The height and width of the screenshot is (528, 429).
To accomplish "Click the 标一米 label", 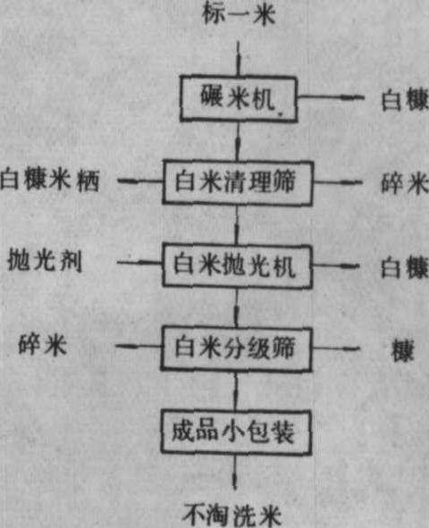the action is [x=239, y=14].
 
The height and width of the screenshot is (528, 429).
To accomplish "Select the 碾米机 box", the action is [x=239, y=98].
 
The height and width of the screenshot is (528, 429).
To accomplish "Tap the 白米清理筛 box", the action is [x=238, y=182].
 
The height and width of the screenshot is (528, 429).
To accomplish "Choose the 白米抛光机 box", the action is [x=237, y=266].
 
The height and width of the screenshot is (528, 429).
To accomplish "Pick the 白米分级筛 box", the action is [x=236, y=348].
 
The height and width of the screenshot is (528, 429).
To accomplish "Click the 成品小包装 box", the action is [x=235, y=432].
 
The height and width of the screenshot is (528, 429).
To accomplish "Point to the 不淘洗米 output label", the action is [x=232, y=515].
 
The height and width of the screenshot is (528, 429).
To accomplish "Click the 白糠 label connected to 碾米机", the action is [x=405, y=99].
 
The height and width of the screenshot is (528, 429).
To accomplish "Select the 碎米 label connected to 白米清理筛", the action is [x=405, y=183].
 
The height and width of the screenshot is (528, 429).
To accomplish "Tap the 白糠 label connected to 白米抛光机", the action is [x=405, y=267].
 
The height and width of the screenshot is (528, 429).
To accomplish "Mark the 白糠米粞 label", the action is [x=50, y=180].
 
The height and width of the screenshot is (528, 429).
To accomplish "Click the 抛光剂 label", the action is [x=45, y=260].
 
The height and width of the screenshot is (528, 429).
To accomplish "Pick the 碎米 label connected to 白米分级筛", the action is [x=42, y=345].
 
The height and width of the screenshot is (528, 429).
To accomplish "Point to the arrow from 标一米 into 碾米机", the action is [x=239, y=58].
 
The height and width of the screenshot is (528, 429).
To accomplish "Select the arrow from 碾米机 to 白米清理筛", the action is [x=238, y=141].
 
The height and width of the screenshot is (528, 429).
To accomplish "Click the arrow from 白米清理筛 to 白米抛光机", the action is [x=237, y=224].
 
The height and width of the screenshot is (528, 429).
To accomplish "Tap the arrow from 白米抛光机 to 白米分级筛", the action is [x=236, y=307].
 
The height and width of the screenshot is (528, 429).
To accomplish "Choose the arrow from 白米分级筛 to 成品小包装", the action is [x=235, y=390].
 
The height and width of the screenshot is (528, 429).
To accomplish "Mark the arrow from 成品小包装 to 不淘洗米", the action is [x=235, y=472].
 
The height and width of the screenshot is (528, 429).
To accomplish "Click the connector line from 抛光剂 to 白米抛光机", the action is [x=140, y=262].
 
